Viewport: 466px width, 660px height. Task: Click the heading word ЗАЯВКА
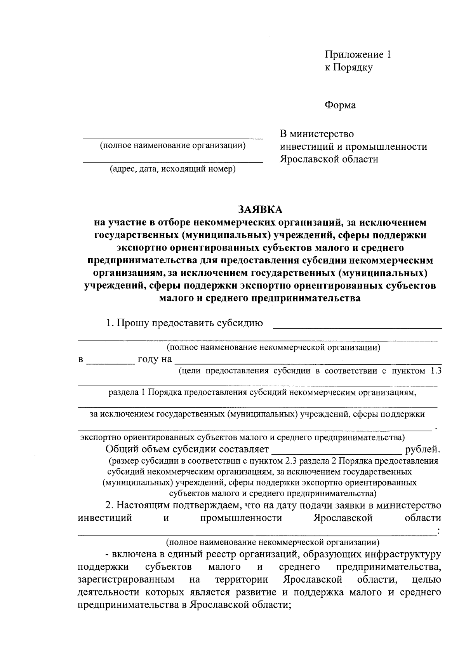pyautogui.click(x=261, y=209)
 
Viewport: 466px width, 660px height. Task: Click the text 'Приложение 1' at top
pyautogui.click(x=358, y=54)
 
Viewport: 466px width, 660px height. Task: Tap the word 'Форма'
pyautogui.click(x=340, y=105)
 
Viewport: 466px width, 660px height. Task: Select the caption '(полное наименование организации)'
pyautogui.click(x=173, y=146)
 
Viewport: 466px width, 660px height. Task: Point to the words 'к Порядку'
pyautogui.click(x=348, y=67)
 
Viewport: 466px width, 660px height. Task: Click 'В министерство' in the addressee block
pyautogui.click(x=317, y=134)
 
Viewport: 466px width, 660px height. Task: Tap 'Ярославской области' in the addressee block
pyautogui.click(x=329, y=159)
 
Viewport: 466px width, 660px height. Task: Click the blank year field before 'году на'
pyautogui.click(x=110, y=360)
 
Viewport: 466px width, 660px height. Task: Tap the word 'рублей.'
pyautogui.click(x=423, y=450)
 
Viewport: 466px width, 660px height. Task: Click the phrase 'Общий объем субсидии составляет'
pyautogui.click(x=187, y=450)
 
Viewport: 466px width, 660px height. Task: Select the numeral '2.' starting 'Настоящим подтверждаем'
pyautogui.click(x=110, y=506)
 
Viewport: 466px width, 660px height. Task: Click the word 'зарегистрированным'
pyautogui.click(x=126, y=580)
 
